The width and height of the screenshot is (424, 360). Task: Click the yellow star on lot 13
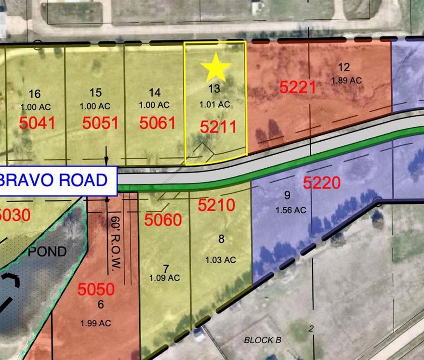215,68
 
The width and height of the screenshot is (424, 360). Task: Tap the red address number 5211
218,127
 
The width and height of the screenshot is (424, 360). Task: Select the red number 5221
298,87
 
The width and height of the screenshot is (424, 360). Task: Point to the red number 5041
37,123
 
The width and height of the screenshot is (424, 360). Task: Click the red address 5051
100,123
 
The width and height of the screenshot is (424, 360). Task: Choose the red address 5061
157,123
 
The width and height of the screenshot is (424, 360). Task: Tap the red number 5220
322,183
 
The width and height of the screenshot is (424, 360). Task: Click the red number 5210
216,205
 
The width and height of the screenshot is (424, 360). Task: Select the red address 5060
163,220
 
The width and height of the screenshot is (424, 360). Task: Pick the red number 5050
96,290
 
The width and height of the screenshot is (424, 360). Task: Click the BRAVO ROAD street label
59,180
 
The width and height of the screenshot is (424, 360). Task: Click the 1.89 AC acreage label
346,80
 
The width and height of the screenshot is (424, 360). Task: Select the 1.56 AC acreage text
291,210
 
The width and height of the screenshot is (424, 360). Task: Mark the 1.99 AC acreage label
96,323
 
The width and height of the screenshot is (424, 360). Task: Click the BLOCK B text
262,340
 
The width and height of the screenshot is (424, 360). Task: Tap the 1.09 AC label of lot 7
164,278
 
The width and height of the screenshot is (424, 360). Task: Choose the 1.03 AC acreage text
220,260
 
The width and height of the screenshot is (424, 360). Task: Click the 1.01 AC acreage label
214,104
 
